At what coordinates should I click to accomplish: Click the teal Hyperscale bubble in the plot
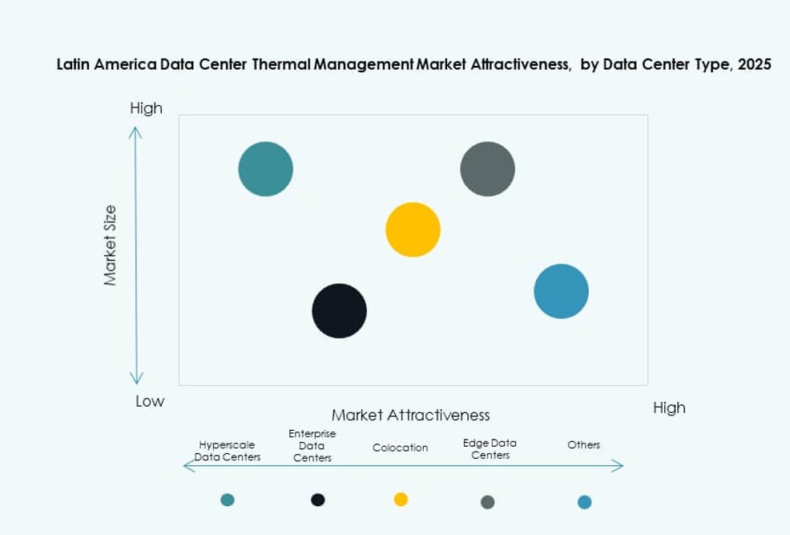pyautogui.click(x=266, y=168)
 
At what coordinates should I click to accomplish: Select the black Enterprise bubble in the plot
pyautogui.click(x=339, y=310)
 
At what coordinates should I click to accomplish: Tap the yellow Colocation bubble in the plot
pyautogui.click(x=413, y=229)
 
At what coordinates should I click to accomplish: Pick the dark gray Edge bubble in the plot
pyautogui.click(x=487, y=168)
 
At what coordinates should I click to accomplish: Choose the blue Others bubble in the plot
pyautogui.click(x=561, y=291)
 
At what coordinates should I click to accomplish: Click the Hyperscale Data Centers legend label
pyautogui.click(x=229, y=451)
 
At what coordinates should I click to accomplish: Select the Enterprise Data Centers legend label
pyautogui.click(x=312, y=446)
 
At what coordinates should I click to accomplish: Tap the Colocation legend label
pyautogui.click(x=401, y=448)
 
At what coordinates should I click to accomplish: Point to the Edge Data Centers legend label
pyautogui.click(x=490, y=448)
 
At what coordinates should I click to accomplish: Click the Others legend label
pyautogui.click(x=583, y=444)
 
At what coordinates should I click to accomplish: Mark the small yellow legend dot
pyautogui.click(x=401, y=499)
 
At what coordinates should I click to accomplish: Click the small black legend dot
pyautogui.click(x=318, y=500)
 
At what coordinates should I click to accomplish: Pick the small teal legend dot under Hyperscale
pyautogui.click(x=228, y=500)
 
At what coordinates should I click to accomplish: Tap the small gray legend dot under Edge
pyautogui.click(x=487, y=502)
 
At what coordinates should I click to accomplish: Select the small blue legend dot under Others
pyautogui.click(x=584, y=502)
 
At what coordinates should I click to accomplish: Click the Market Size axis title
pyautogui.click(x=111, y=245)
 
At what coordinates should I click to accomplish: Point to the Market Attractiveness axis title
pyautogui.click(x=410, y=415)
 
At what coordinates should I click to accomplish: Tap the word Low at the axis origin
pyautogui.click(x=150, y=401)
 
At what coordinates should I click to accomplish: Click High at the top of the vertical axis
pyautogui.click(x=146, y=108)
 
